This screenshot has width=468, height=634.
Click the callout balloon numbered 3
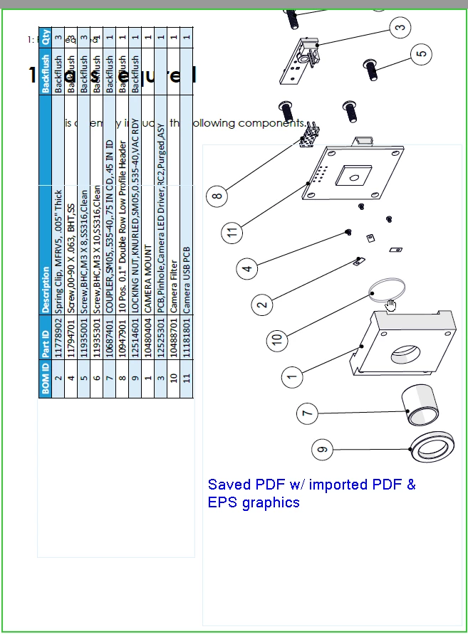(400, 28)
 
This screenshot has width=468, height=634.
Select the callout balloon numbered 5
(422, 53)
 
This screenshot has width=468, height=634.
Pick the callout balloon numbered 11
(232, 232)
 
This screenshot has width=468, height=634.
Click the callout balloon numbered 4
(247, 269)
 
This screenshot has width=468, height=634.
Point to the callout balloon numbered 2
(262, 305)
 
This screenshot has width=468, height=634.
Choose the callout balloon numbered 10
(277, 339)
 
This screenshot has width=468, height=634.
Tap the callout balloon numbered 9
(323, 449)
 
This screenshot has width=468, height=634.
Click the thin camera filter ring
(388, 288)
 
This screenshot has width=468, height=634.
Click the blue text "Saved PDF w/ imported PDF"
(311, 485)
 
